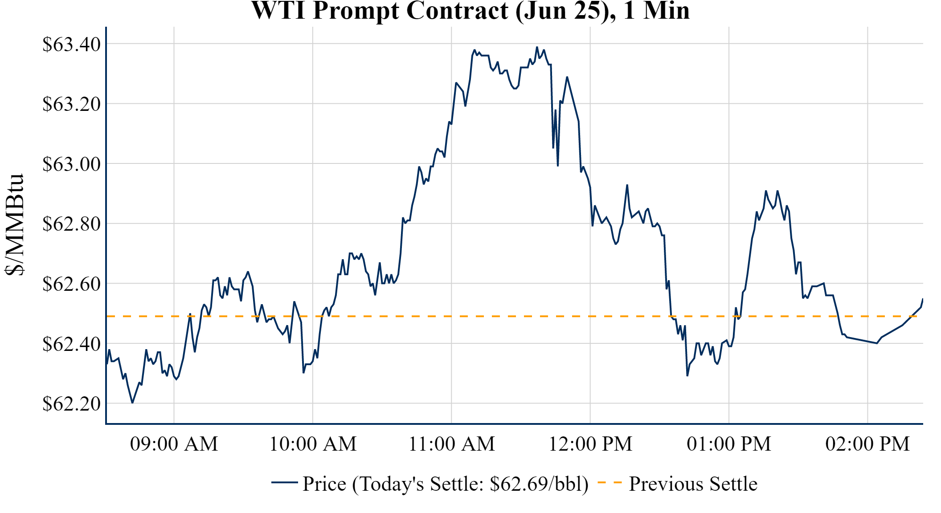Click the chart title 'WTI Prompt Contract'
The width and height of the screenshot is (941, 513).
coord(470,11)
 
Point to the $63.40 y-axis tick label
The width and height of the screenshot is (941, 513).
coord(71,44)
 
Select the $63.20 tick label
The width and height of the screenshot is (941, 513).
coord(71,104)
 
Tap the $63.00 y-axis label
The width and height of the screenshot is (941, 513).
coord(71,164)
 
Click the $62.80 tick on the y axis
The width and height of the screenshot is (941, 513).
coord(71,224)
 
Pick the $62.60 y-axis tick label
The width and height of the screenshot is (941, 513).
coord(71,284)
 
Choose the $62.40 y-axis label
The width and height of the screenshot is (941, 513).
coord(71,344)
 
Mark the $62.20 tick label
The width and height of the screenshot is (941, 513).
coord(71,403)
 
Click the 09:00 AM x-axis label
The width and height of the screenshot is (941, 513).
coord(174,444)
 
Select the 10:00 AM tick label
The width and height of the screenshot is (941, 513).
coord(313,444)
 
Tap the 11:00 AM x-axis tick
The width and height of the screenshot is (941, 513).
coord(451,444)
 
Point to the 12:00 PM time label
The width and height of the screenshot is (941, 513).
coord(590,444)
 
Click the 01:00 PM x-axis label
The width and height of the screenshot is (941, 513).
coord(729,444)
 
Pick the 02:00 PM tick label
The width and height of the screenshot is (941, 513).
coord(867,444)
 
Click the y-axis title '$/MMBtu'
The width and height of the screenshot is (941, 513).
coord(14,225)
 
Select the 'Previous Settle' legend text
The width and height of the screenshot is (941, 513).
coord(693,484)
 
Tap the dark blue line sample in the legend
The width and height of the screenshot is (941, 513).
coord(284,482)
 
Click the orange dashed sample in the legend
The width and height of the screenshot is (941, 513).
coord(609,482)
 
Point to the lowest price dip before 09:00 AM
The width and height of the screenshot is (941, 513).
coord(132,403)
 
